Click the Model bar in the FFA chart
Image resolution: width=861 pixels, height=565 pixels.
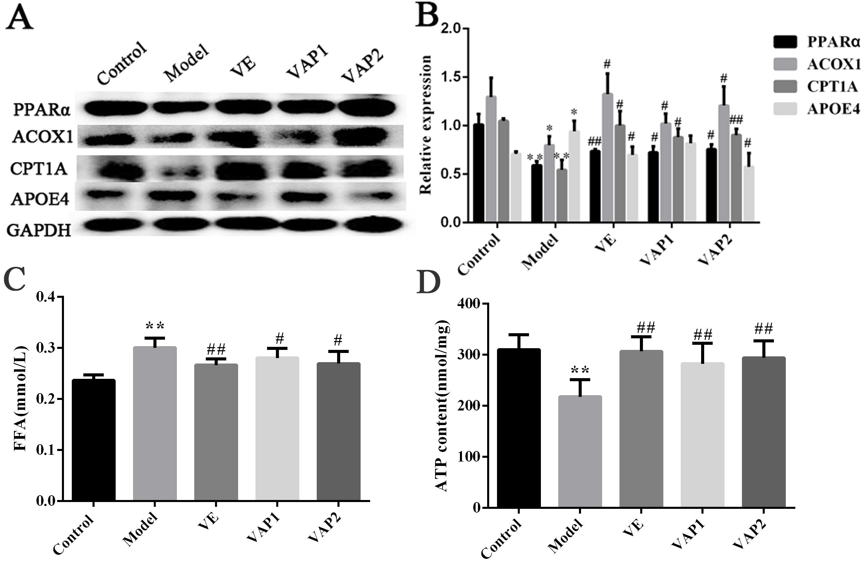coord(155,423)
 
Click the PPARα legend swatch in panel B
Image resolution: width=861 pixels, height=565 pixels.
coord(785,42)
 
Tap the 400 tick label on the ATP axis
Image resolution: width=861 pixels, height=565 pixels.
coord(469,304)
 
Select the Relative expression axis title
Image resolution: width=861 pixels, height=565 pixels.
coord(426,125)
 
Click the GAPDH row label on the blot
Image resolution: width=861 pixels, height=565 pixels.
coord(39,230)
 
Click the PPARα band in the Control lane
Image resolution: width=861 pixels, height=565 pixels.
coord(116,108)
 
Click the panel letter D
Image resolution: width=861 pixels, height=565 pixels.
coord(428,281)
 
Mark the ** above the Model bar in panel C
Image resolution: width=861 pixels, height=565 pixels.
coord(155,326)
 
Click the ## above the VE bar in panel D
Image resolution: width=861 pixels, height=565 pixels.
coord(646,328)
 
